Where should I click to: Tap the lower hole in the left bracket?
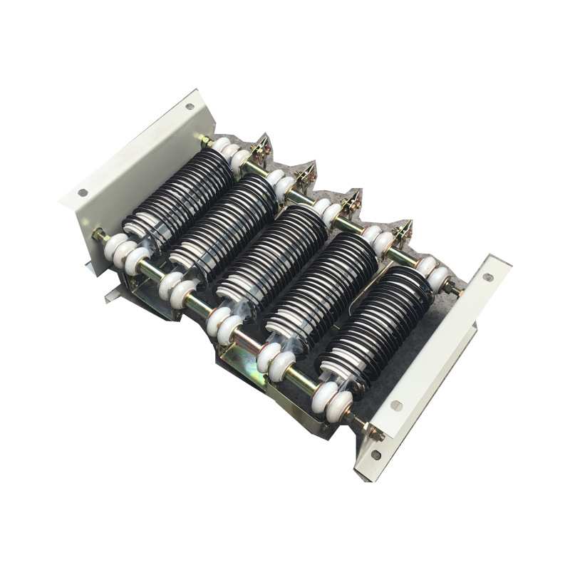(x=83, y=192)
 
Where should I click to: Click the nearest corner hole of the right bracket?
(x=375, y=455)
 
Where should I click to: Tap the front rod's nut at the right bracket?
(x=369, y=429)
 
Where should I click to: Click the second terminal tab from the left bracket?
(x=306, y=175)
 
